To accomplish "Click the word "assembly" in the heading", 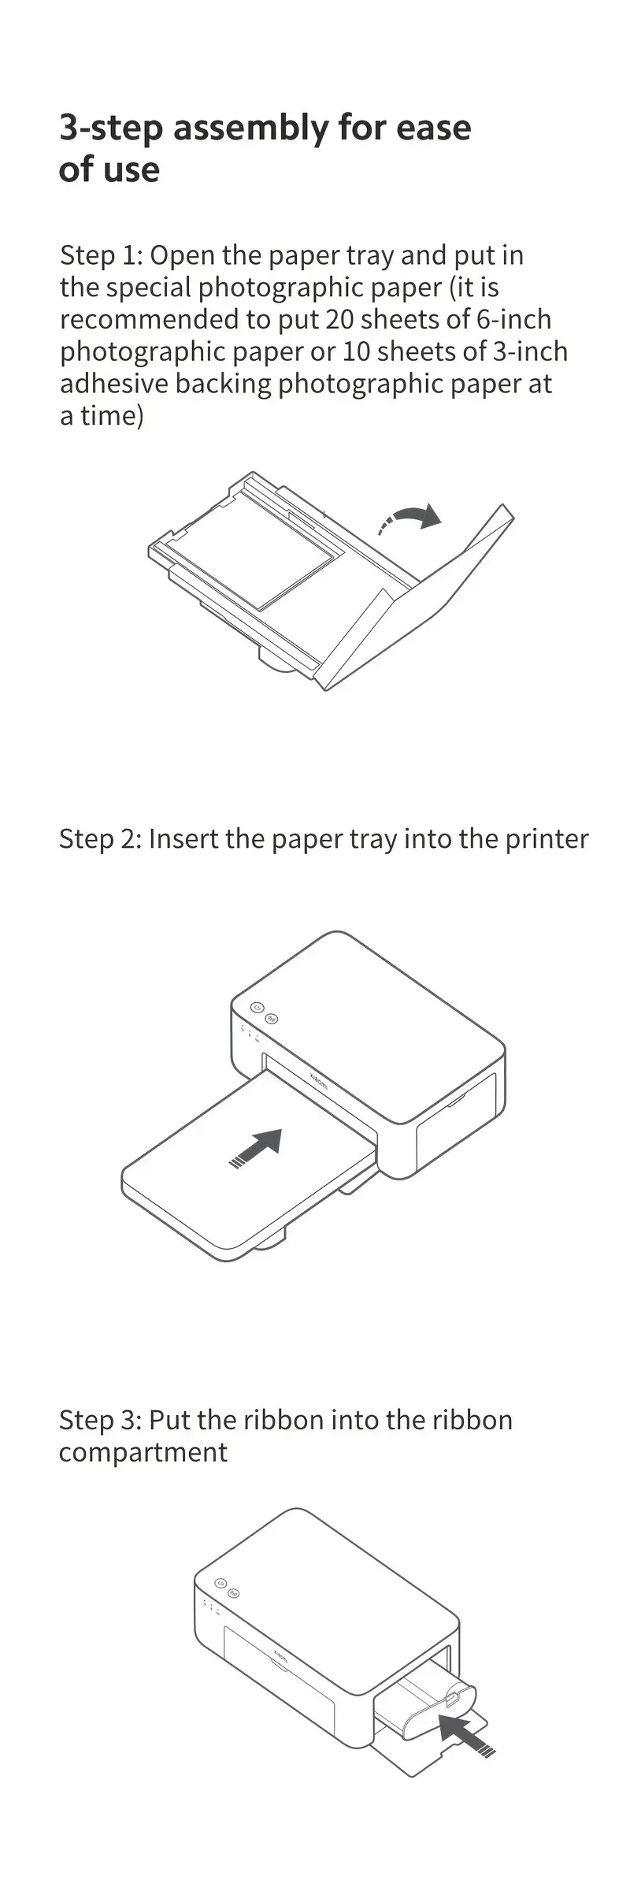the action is (251, 128).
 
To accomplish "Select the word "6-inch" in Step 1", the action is (514, 319).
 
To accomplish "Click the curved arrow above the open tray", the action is (410, 518).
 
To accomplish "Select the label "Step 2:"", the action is (100, 838).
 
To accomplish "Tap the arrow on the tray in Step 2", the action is (255, 1148).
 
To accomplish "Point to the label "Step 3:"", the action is (100, 1420).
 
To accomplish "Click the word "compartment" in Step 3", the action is (143, 1453).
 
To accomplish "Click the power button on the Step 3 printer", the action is (220, 1583).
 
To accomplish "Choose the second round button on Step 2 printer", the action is (272, 1019).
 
